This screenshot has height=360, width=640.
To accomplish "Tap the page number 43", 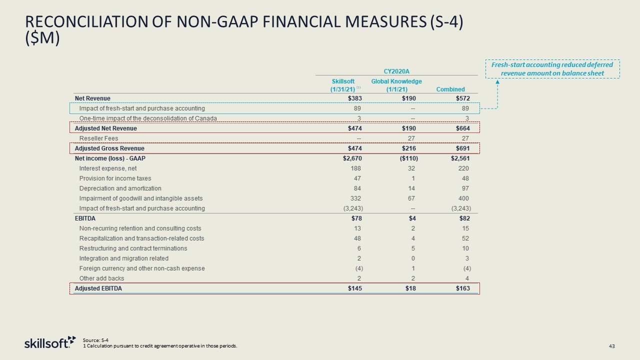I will tap(611, 346).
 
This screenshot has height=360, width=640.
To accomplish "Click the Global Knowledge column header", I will tap(396, 85).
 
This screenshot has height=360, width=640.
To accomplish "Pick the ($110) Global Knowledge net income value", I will tap(407, 158).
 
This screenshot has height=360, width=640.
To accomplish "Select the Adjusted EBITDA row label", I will tap(98, 288).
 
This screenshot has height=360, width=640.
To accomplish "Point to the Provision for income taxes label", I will tap(115, 178).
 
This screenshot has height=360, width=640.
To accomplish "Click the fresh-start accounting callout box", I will tap(552, 69).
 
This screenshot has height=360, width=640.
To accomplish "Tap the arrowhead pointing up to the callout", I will tap(497, 83).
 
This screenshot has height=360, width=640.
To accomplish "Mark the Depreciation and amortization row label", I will tap(120, 188).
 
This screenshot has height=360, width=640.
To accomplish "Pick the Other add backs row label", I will tap(101, 278).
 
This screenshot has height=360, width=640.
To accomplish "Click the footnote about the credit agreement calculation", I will tap(160, 346).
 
